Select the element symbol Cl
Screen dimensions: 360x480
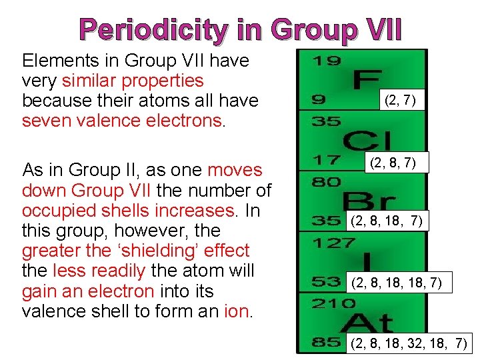(367, 141)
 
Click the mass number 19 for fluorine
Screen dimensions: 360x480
(327, 61)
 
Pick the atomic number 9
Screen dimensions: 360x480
(319, 101)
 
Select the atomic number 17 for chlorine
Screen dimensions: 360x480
(326, 161)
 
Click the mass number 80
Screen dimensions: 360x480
(326, 181)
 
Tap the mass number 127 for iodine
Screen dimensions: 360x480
(334, 243)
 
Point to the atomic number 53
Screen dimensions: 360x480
(327, 282)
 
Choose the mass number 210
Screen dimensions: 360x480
(333, 303)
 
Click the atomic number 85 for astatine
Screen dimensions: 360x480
(327, 343)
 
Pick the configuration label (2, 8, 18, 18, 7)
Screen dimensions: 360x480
(400, 283)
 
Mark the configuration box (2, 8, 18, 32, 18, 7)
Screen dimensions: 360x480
(409, 344)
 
